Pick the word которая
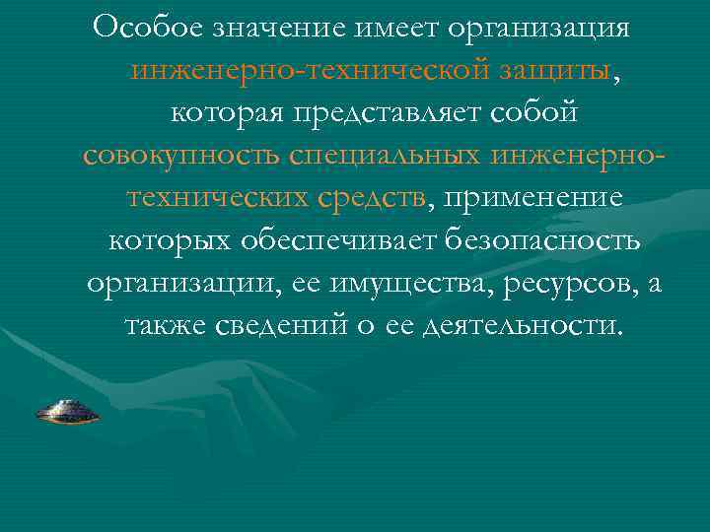click(227, 113)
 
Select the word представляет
click(392, 113)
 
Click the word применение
click(534, 198)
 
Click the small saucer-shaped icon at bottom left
click(67, 412)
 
